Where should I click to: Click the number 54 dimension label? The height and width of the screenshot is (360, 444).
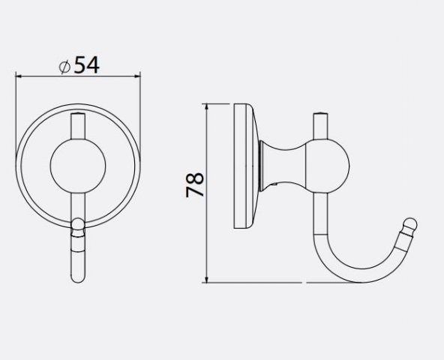coord(87,65)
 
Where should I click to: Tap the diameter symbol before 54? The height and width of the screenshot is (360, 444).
coord(64,67)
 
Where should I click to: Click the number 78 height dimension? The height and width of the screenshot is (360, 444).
coord(195,184)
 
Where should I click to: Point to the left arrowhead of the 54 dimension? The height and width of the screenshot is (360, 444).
coord(19,76)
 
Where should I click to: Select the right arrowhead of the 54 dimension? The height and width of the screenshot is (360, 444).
coord(137,76)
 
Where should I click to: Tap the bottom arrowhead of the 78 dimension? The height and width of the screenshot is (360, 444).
coord(207,279)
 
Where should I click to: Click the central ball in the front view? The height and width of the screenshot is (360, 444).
coord(78,166)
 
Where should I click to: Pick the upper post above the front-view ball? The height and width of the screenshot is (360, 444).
coord(78,126)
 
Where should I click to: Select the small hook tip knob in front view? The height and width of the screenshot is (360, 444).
coord(78,227)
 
